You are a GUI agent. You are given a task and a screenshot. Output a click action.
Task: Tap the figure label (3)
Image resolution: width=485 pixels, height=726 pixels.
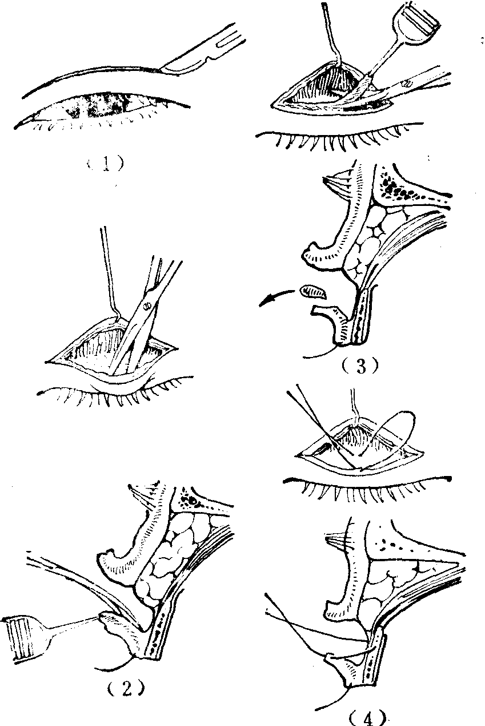[360, 366]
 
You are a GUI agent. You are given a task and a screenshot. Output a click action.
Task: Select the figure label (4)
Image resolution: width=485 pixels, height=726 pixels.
[368, 717]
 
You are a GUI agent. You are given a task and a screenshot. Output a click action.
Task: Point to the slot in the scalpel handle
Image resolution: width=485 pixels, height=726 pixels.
[231, 41]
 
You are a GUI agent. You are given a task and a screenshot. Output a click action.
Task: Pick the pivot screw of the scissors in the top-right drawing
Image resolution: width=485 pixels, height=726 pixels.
[407, 84]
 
